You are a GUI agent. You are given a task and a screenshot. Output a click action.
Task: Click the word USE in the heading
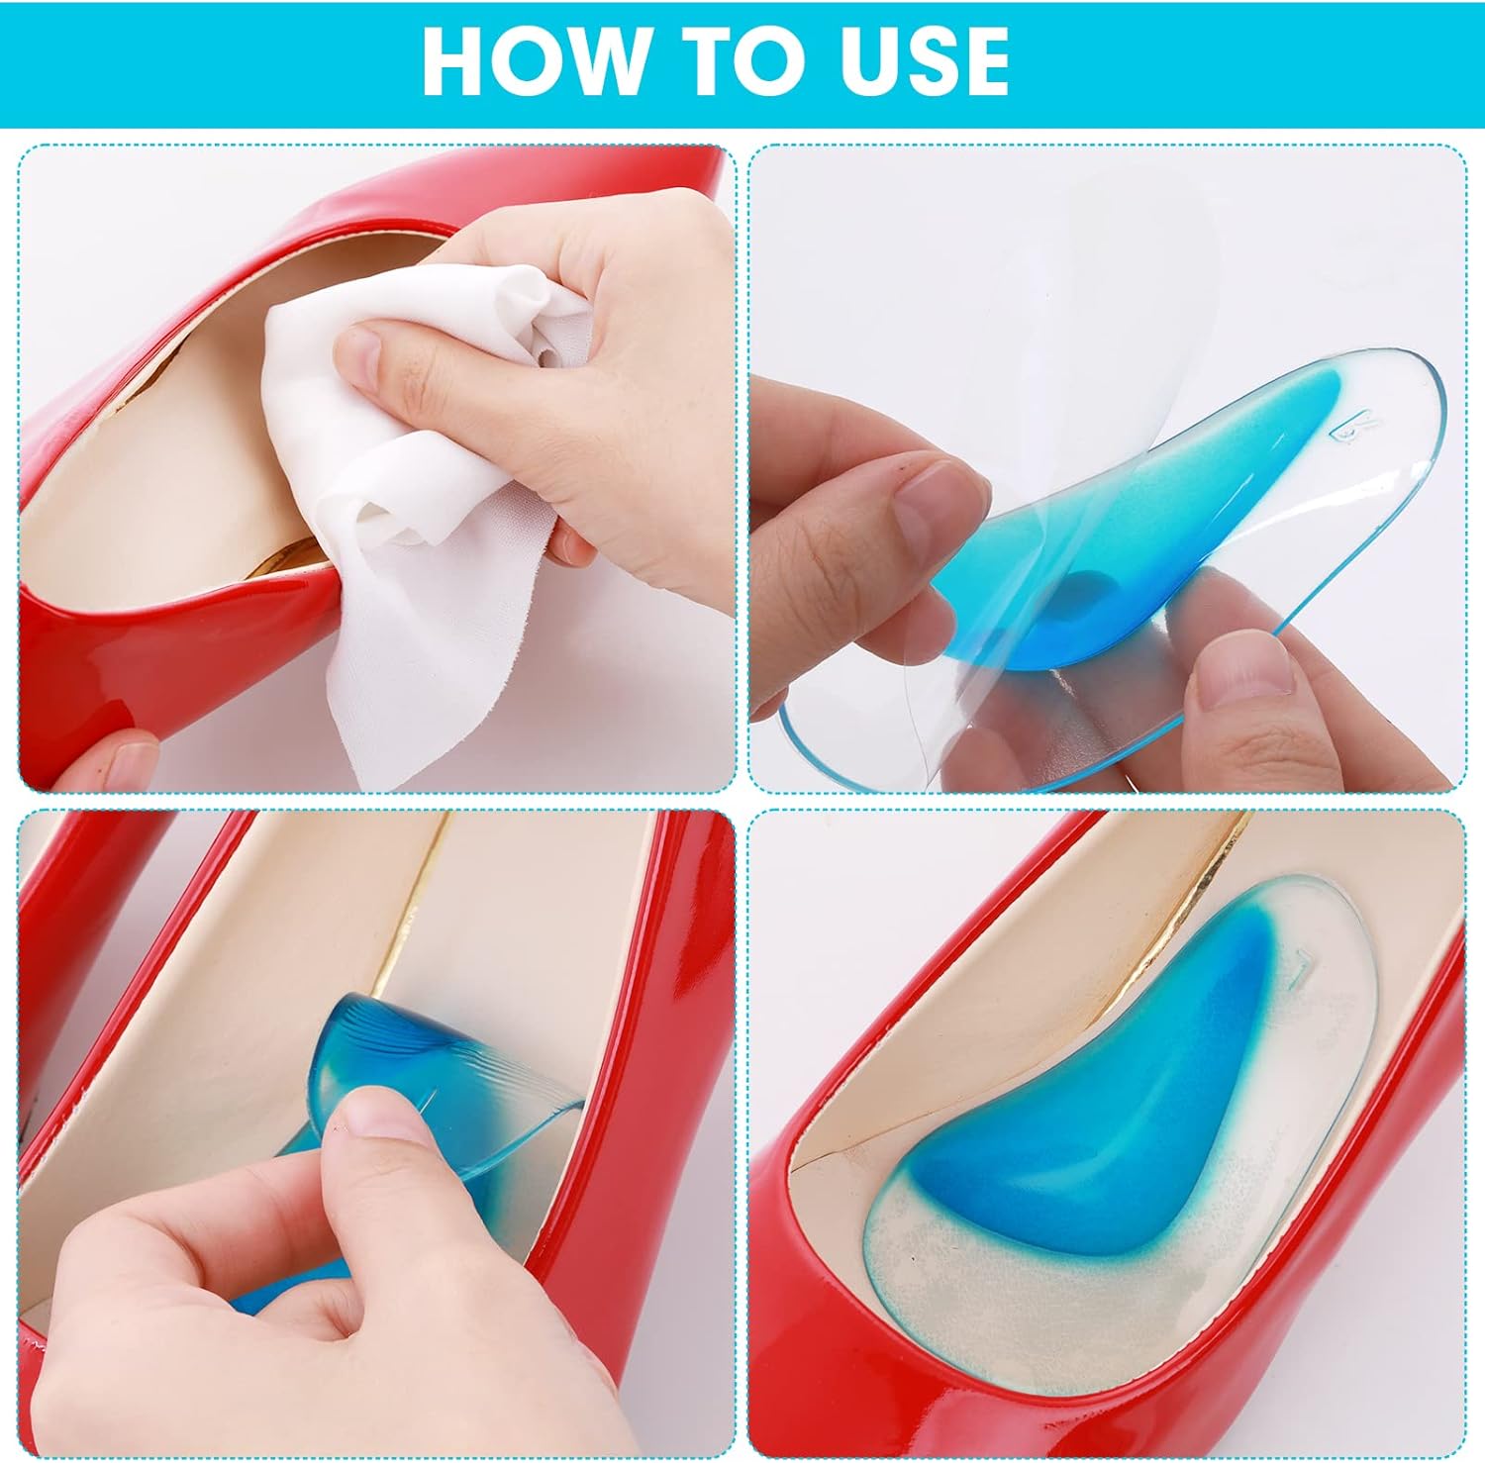pos(925,61)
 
